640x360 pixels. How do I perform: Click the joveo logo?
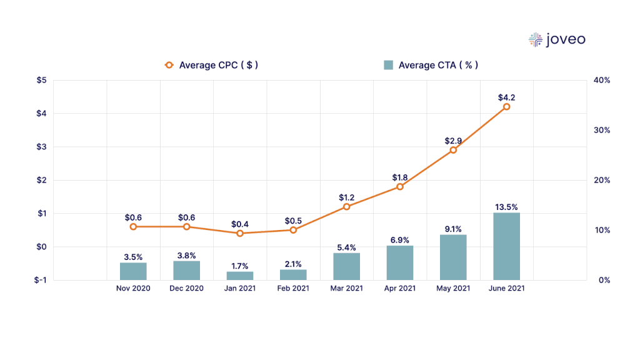click(x=557, y=40)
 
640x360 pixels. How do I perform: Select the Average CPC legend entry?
click(x=211, y=65)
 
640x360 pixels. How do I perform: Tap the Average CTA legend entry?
click(x=431, y=65)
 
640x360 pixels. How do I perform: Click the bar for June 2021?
click(x=506, y=246)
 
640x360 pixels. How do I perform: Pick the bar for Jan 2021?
click(x=240, y=276)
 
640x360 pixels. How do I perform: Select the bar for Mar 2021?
click(x=346, y=266)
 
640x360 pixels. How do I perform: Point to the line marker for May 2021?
click(x=453, y=150)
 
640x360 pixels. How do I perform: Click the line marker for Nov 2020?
click(x=133, y=226)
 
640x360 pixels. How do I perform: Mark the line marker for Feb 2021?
click(x=293, y=230)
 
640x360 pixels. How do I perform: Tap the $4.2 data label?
click(x=506, y=97)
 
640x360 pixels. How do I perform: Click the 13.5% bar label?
click(x=506, y=207)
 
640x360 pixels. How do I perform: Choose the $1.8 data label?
click(x=400, y=177)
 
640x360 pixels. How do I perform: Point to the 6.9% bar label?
click(x=400, y=240)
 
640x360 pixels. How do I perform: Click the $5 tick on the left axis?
click(x=41, y=81)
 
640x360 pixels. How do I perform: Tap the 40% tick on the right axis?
click(x=601, y=81)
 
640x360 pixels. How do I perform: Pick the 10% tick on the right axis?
click(x=601, y=230)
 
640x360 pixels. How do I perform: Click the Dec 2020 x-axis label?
click(x=186, y=289)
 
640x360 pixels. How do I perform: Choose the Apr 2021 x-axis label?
click(x=400, y=289)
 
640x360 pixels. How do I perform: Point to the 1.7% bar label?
click(x=240, y=266)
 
